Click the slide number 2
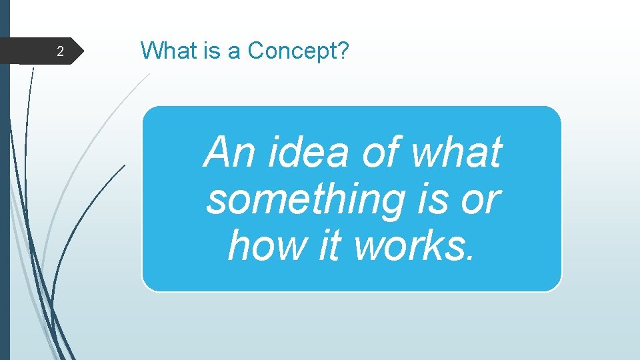click(x=60, y=52)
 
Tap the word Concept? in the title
click(x=298, y=51)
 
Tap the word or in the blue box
click(x=481, y=199)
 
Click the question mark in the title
click(x=343, y=50)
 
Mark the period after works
click(x=472, y=257)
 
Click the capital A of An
click(x=218, y=152)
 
